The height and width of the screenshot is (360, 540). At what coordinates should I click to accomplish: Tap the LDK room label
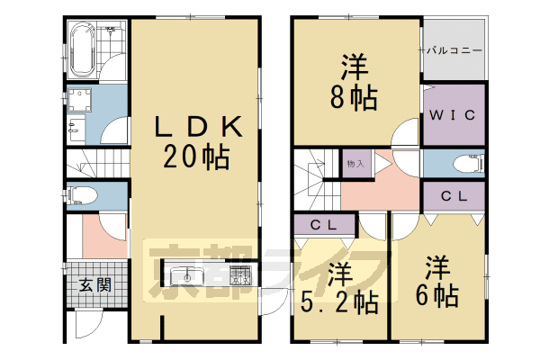tap(194, 126)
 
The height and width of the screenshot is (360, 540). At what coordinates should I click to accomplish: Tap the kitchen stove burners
tap(240, 275)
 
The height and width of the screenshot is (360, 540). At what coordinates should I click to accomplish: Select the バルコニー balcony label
tap(455, 50)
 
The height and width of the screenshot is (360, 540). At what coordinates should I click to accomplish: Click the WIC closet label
tap(455, 116)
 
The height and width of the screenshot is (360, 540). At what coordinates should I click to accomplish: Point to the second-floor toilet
tap(467, 164)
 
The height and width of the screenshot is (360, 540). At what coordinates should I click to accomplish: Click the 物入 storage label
tap(355, 164)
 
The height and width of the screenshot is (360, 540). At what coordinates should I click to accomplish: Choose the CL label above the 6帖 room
tap(454, 196)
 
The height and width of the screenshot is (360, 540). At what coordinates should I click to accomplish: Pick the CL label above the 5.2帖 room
tap(323, 225)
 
